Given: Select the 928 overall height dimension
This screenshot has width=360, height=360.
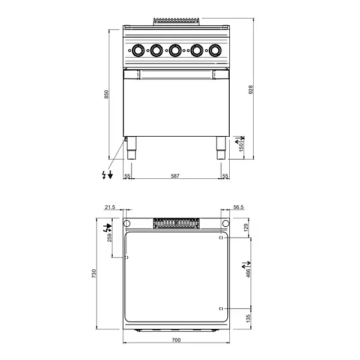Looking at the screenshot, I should coord(251,89).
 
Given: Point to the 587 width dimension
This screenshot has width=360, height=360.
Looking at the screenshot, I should coord(175,176).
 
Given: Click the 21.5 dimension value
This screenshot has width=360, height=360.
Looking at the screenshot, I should coord(109,207).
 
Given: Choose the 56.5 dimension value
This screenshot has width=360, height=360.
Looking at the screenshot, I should coord(238,207).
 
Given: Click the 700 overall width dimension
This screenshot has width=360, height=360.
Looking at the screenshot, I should coord(176,341).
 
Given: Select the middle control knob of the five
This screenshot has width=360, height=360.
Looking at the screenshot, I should coord(175,50).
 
